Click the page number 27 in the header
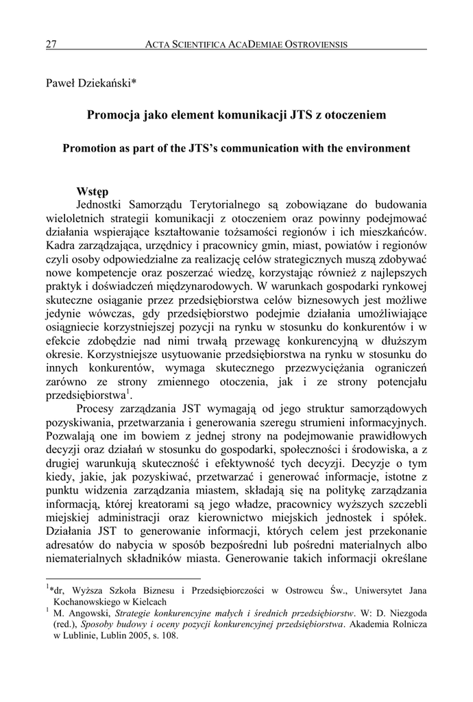click(51, 45)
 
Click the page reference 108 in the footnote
click(169, 636)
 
